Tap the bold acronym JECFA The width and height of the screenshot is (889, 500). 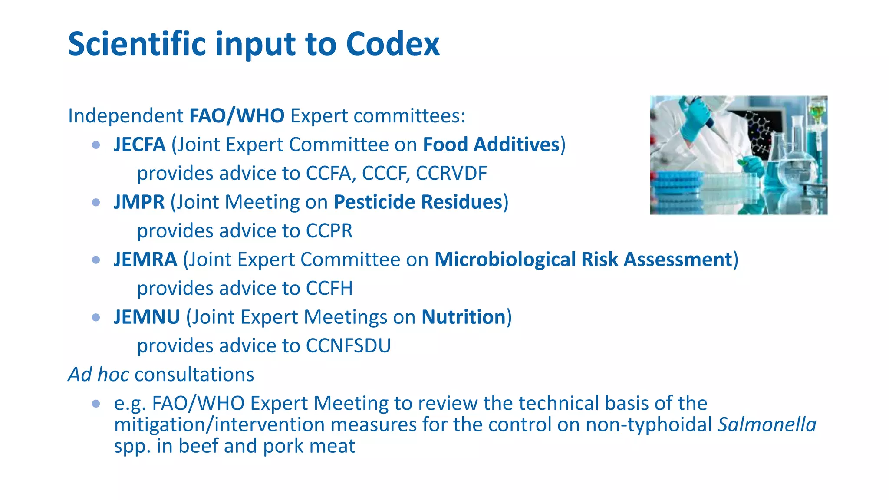point(139,145)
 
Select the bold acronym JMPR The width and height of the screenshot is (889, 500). point(139,202)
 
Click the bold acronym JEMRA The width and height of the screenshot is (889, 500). point(145,260)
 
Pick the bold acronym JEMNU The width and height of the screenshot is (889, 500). point(147,317)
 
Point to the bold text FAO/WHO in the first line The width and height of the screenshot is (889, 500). point(237,116)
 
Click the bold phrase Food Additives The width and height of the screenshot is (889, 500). point(491,145)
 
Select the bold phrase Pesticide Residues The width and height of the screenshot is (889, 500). point(418,202)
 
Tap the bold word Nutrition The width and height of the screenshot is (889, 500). point(463,317)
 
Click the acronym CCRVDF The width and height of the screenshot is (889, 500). point(451,173)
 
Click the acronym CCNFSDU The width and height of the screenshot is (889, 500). point(348,346)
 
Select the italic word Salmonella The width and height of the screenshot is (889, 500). point(767,424)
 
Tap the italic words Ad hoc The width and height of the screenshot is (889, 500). point(98,375)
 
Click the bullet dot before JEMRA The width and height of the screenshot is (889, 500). point(96,260)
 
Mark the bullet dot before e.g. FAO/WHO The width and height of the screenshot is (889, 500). point(96,404)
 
